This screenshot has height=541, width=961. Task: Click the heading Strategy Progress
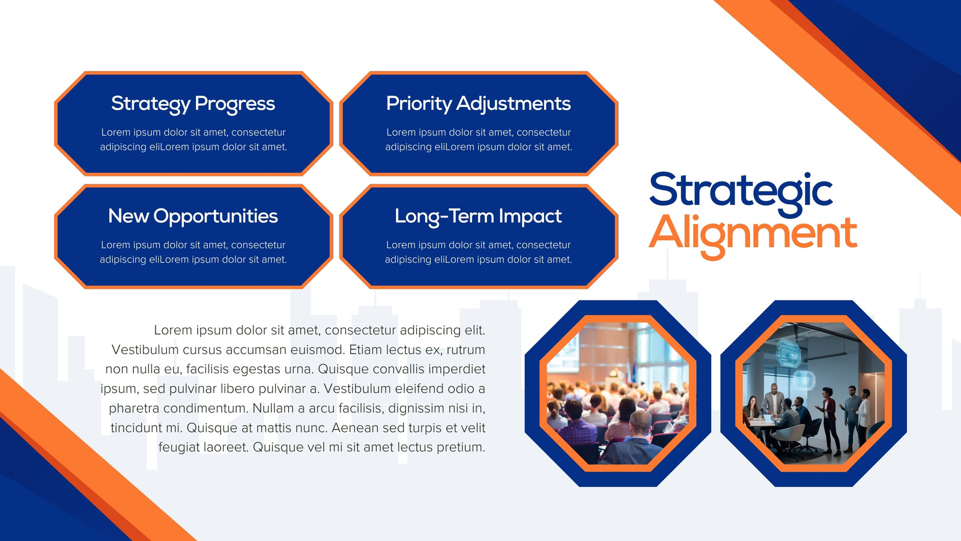pyautogui.click(x=193, y=104)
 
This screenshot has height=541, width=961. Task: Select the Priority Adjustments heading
pyautogui.click(x=478, y=104)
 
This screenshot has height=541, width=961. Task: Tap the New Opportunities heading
pyautogui.click(x=193, y=216)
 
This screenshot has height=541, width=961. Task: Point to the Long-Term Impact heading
pyautogui.click(x=478, y=216)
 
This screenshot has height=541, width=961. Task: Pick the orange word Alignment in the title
pyautogui.click(x=753, y=235)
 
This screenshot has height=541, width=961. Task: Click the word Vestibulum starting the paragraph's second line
pyautogui.click(x=145, y=350)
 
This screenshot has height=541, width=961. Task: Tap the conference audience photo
pyautogui.click(x=618, y=393)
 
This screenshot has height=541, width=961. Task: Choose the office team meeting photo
pyautogui.click(x=813, y=393)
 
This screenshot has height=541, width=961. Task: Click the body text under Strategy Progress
pyautogui.click(x=193, y=139)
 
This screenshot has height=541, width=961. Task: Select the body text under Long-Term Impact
pyautogui.click(x=478, y=252)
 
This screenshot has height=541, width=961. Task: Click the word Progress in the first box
pyautogui.click(x=235, y=104)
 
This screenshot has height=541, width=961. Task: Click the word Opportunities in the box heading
pyautogui.click(x=216, y=216)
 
